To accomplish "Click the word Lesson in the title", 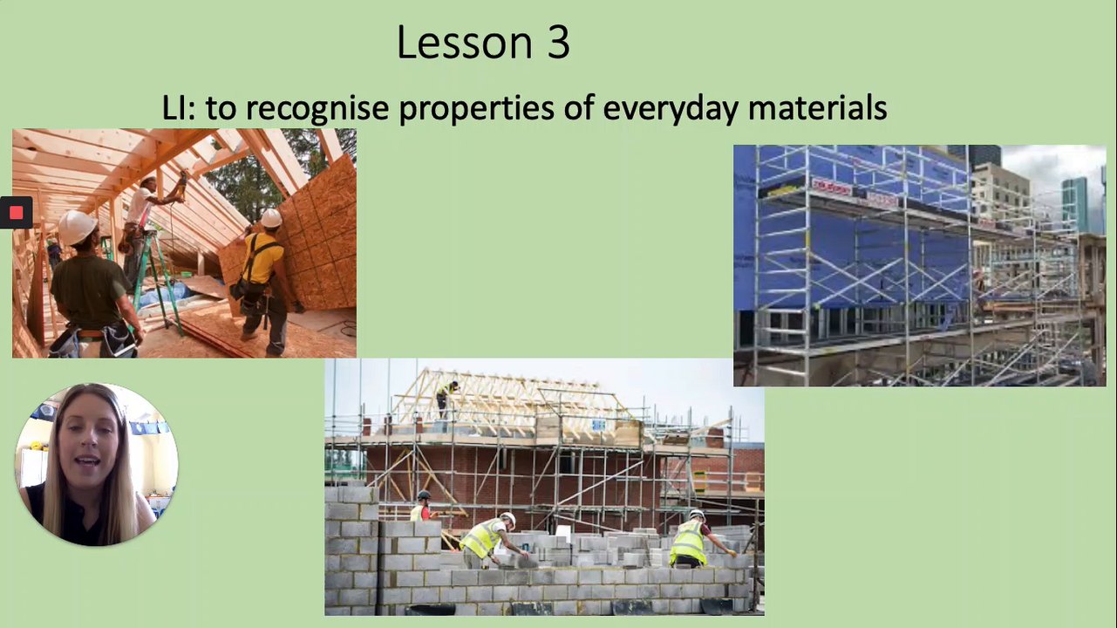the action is (464, 43).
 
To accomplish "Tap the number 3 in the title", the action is (558, 43).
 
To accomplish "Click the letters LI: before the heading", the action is (179, 107).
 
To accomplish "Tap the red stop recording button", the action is (16, 213).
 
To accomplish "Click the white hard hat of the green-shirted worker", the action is (77, 227).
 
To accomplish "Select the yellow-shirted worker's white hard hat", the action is (271, 218).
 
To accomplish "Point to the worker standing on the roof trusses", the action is (446, 399).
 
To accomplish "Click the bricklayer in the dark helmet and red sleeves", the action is (422, 506).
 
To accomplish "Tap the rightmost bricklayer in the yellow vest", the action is (697, 539).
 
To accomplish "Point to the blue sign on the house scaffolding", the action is (598, 426).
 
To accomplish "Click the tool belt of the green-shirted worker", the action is (95, 339).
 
